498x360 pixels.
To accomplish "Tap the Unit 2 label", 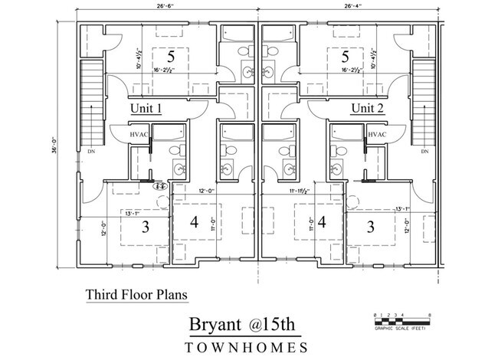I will (368, 109).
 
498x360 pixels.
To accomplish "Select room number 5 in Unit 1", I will (172, 57).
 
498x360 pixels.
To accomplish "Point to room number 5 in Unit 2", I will (346, 57).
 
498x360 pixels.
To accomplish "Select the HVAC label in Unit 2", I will (376, 135).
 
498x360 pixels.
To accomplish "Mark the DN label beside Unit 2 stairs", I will (424, 152).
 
